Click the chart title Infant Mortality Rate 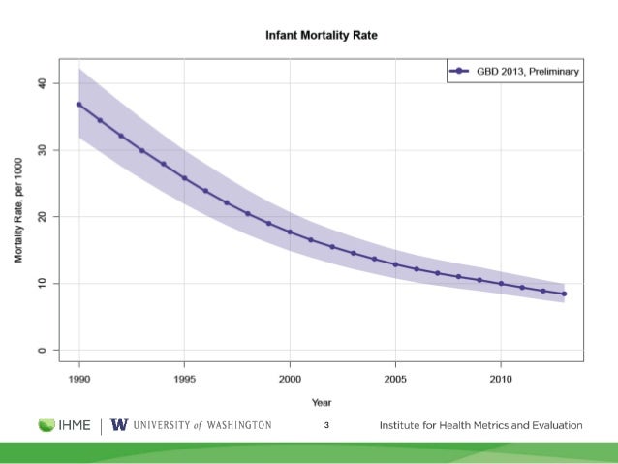pos(322,36)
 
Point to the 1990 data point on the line pos(79,105)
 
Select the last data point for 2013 pos(564,294)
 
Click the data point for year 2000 pos(290,232)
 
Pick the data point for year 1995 pos(184,178)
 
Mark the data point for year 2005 pos(395,264)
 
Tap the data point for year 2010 pos(501,284)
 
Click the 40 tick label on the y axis pos(41,84)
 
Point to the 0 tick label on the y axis pos(41,350)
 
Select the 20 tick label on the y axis pos(41,217)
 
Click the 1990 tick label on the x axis pos(79,377)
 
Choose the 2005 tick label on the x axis pos(395,377)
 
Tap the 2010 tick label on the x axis pos(501,377)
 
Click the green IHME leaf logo pos(47,425)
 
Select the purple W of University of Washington pos(119,425)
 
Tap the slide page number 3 pos(326,426)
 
